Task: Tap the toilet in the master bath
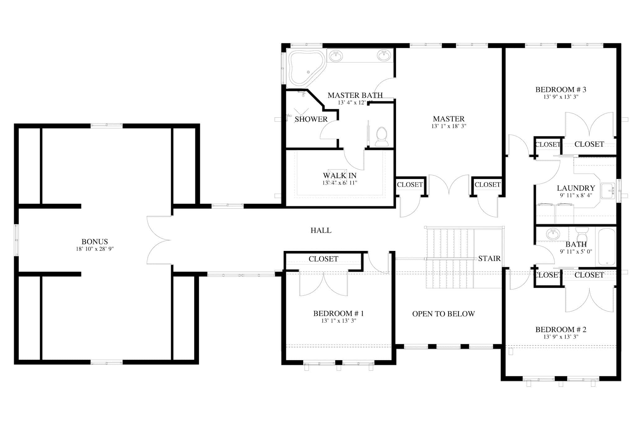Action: (x=382, y=137)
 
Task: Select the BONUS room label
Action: (x=95, y=241)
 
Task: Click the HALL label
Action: (x=321, y=230)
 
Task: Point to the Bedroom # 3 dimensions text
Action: (x=560, y=97)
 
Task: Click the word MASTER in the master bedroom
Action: (x=449, y=119)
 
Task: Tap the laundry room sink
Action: (x=607, y=191)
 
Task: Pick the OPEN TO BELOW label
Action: (x=443, y=314)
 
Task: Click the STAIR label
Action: (x=489, y=258)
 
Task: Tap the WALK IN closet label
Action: (x=340, y=176)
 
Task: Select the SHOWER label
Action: (x=311, y=119)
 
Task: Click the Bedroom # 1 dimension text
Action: (x=338, y=321)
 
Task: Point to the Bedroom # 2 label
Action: (x=560, y=329)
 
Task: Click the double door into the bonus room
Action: (x=159, y=240)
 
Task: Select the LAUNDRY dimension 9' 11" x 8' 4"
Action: (x=576, y=195)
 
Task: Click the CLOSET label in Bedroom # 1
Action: (x=323, y=259)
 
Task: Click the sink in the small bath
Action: (x=553, y=234)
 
